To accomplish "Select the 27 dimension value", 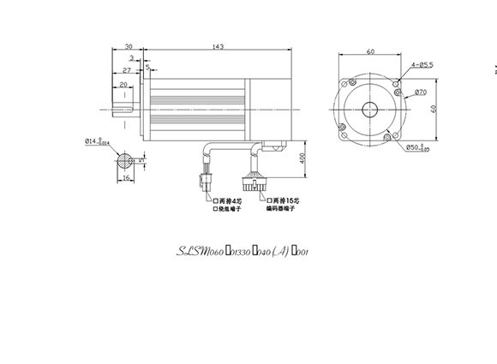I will (x=125, y=73).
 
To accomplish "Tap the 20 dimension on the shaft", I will (x=123, y=85).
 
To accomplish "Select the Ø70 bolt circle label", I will (x=421, y=91).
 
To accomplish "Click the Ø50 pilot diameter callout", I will (x=418, y=146).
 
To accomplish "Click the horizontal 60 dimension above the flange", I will (x=371, y=51).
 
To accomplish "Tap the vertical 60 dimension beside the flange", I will (x=444, y=109).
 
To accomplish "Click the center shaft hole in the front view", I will (x=370, y=110).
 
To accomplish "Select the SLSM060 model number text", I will (x=200, y=252).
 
